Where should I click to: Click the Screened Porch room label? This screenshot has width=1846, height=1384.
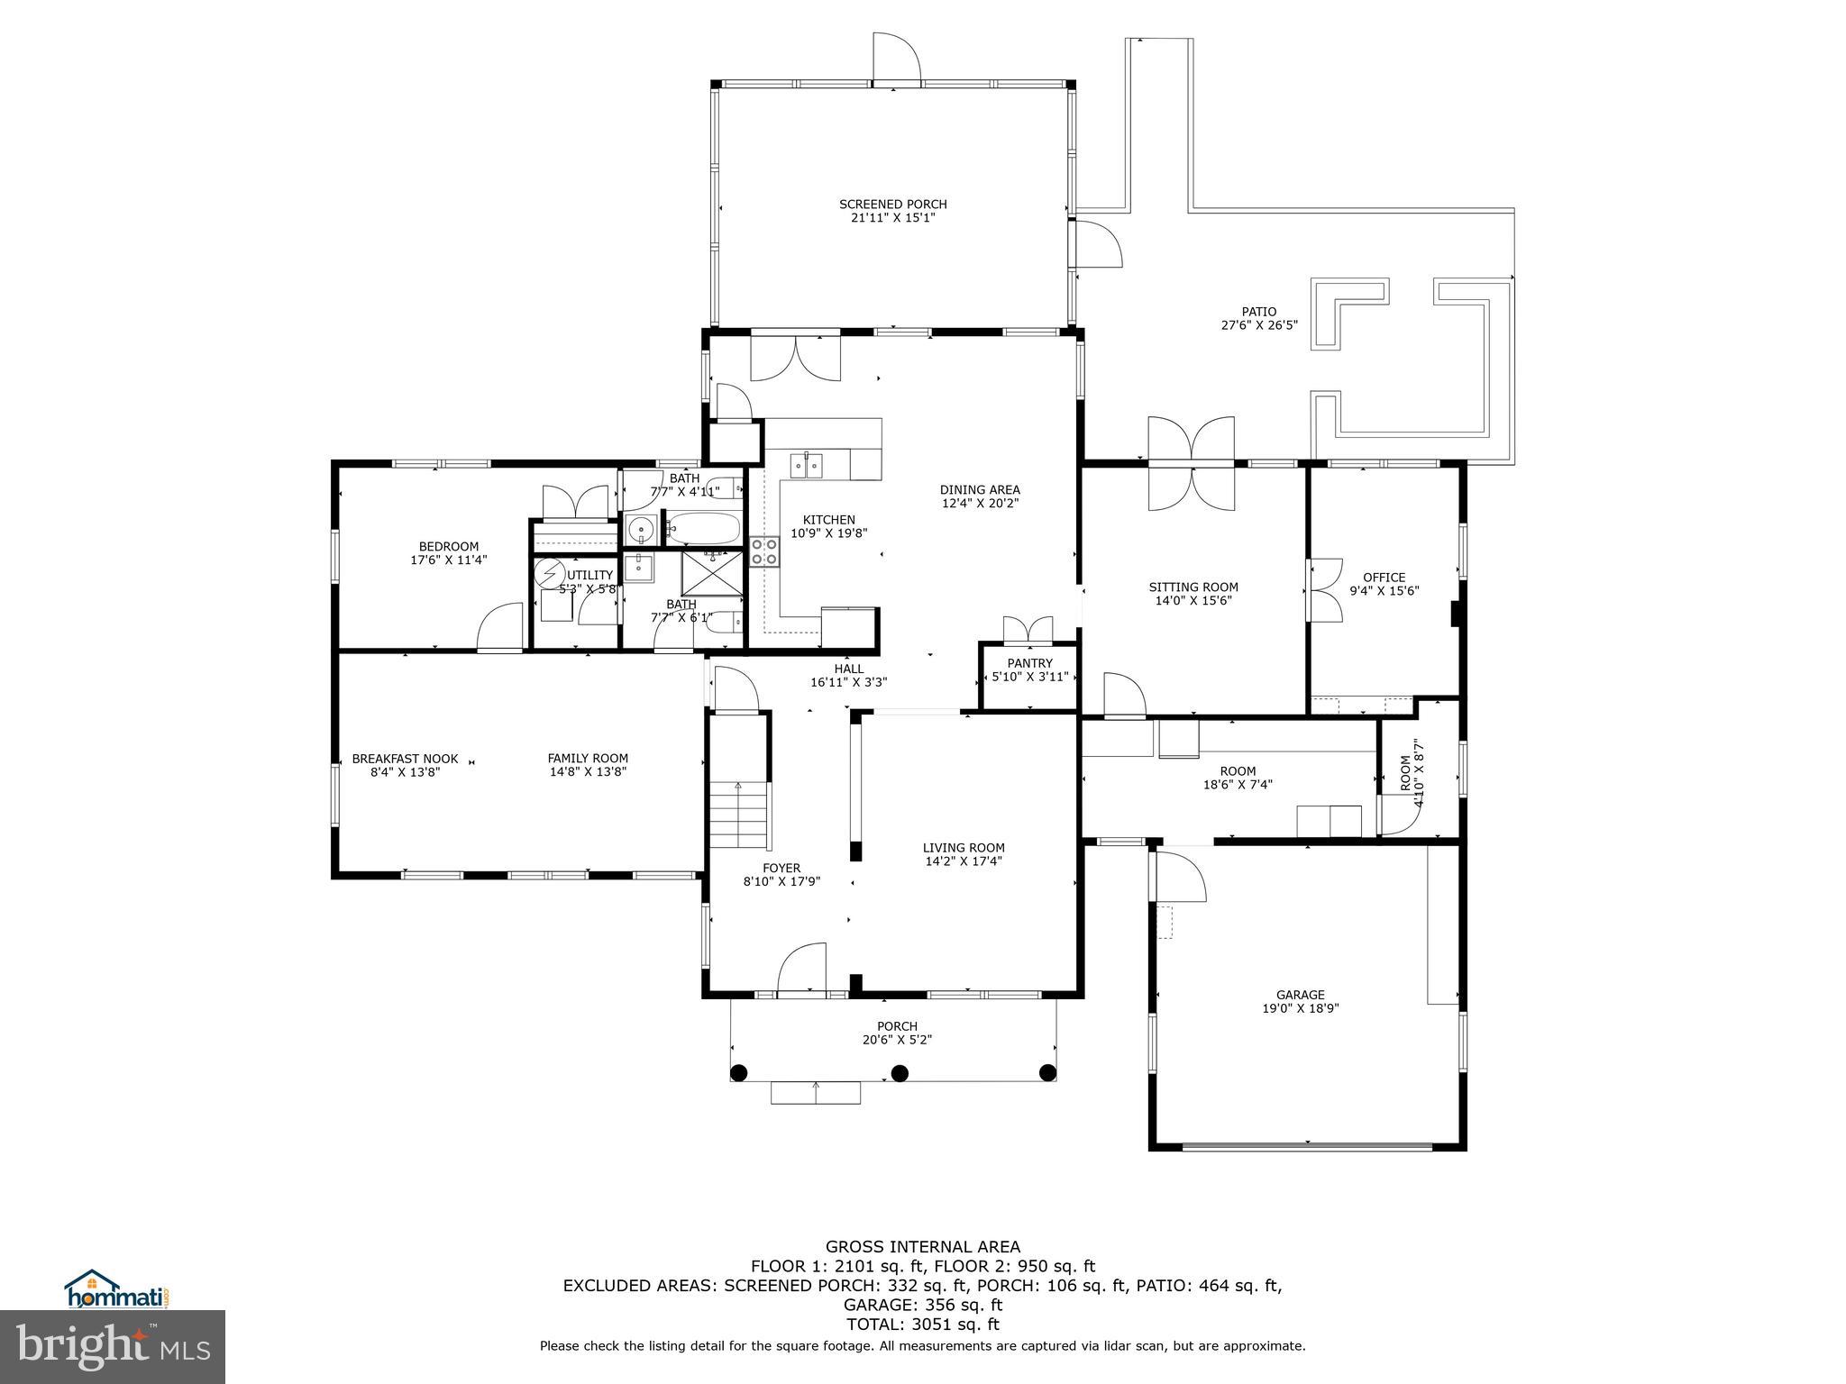892,205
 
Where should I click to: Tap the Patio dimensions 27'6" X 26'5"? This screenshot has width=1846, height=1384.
1259,325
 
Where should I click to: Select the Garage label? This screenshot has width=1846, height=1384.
1300,995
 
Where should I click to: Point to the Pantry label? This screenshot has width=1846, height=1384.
1029,663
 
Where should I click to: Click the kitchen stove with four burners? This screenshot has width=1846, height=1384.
764,551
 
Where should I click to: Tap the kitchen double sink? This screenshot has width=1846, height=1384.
806,465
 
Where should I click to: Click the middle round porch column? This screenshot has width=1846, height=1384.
899,1072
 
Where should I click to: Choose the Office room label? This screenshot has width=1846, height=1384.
1384,578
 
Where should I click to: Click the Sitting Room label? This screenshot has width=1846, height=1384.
1193,587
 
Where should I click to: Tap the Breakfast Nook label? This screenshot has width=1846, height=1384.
405,759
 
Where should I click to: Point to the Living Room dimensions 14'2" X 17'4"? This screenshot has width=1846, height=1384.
964,860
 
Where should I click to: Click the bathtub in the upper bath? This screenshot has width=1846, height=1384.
702,527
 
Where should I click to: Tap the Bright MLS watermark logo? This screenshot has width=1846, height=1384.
113,1346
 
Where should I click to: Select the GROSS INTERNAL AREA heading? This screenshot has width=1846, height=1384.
922,1246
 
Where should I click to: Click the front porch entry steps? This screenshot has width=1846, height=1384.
815,1092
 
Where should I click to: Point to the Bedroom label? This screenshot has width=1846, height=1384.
448,546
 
